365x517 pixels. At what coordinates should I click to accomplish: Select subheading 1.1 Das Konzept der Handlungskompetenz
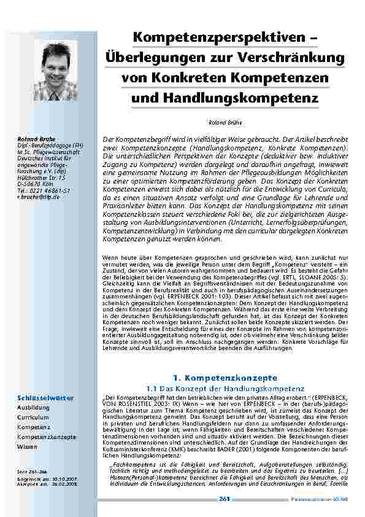[226, 387]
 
